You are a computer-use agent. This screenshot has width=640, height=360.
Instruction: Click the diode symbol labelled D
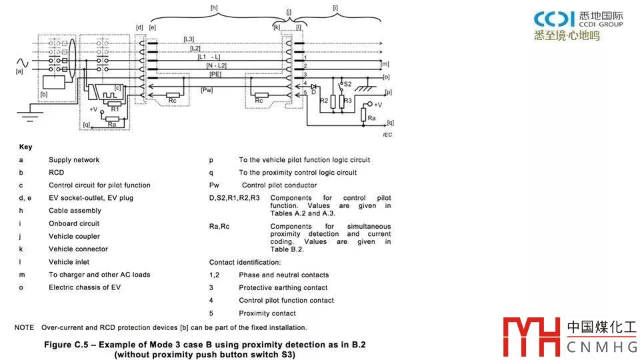313,87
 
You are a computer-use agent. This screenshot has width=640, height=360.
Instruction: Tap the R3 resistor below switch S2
342,101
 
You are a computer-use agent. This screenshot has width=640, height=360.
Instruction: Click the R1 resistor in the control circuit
115,102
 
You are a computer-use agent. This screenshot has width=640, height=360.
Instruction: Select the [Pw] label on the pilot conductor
207,89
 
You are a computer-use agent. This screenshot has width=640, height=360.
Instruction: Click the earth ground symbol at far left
29,117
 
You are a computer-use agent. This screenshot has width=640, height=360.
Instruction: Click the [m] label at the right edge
385,64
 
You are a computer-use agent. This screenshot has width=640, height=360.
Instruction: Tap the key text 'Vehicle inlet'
69,262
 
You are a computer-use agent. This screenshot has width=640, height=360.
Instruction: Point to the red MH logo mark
531,337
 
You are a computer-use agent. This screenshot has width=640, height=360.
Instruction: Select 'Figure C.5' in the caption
67,345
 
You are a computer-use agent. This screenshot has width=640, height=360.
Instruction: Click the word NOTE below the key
24,327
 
